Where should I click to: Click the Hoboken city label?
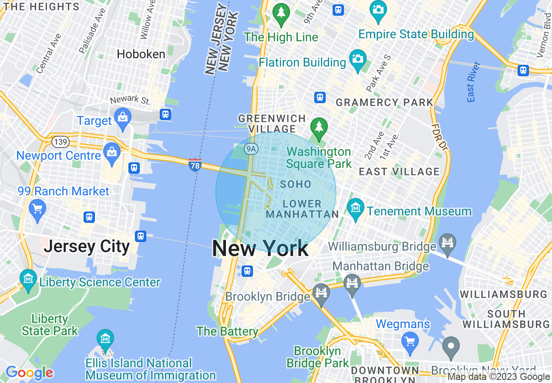click(x=141, y=54)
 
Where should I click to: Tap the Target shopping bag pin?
click(x=123, y=117)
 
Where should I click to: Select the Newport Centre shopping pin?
click(x=112, y=152)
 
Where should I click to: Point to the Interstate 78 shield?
click(x=195, y=165)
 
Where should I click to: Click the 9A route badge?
click(x=251, y=149)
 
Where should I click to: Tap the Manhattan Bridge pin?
click(x=352, y=283)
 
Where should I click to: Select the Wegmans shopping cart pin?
click(x=410, y=340)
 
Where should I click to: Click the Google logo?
click(x=29, y=373)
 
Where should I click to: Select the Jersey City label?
click(x=87, y=246)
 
